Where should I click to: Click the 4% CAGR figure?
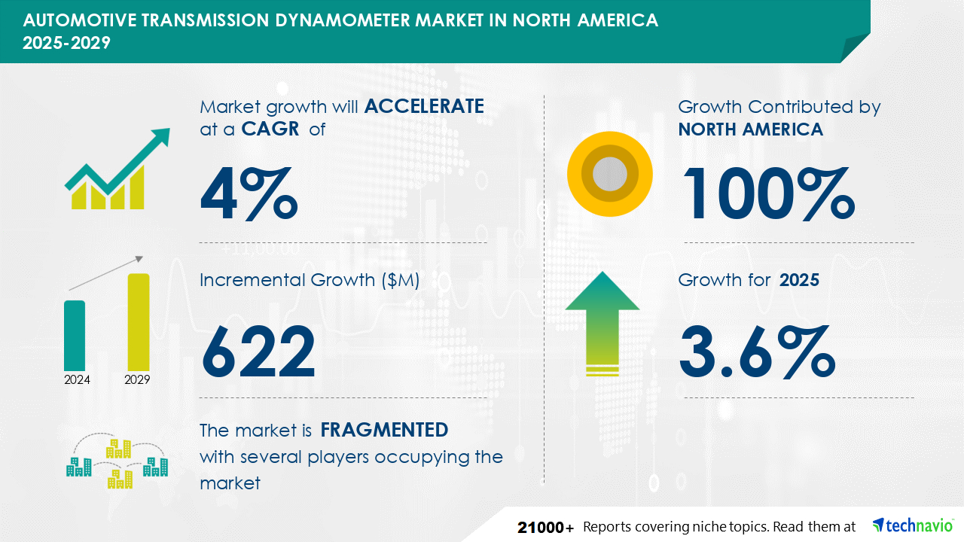click(249, 194)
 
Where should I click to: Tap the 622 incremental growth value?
click(258, 352)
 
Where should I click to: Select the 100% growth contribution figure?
click(768, 194)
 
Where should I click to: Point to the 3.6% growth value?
click(758, 352)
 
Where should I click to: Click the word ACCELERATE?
click(424, 106)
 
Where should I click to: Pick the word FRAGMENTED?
click(384, 430)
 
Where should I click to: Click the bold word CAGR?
click(270, 129)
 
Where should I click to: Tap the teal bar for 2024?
click(75, 336)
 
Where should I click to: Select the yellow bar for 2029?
click(139, 322)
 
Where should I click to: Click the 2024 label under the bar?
click(77, 380)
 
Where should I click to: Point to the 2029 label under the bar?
click(137, 380)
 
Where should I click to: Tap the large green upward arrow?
click(602, 323)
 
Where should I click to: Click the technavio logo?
click(912, 525)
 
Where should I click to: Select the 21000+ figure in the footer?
click(545, 528)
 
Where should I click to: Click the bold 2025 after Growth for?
click(799, 280)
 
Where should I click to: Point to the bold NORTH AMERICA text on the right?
click(751, 129)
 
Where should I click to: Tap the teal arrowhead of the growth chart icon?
click(160, 137)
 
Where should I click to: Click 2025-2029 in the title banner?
click(67, 43)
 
